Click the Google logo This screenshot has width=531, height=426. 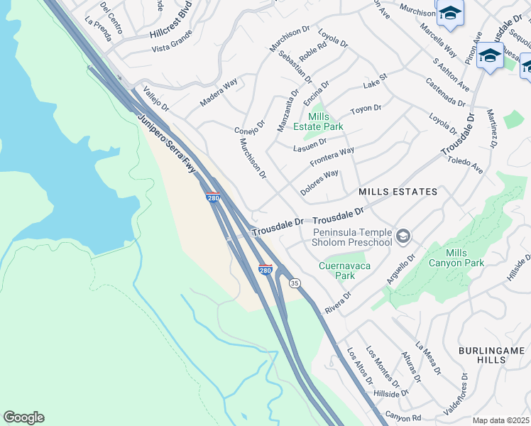tap(23, 417)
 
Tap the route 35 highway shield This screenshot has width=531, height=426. tap(294, 283)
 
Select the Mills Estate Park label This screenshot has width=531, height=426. tap(326, 121)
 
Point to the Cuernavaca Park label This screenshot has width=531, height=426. tap(336, 271)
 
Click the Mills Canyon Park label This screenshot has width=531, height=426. tap(456, 258)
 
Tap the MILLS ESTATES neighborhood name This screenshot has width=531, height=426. tap(398, 192)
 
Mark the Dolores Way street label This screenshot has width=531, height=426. tap(319, 182)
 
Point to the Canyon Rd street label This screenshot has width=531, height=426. tap(403, 415)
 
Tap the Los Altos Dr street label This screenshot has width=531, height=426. tap(359, 366)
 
